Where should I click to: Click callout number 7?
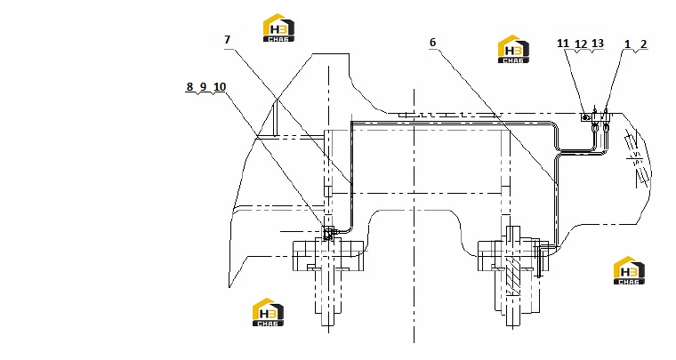[x=227, y=40]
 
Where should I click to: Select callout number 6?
[x=432, y=42]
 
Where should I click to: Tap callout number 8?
[x=189, y=86]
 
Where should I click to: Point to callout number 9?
[x=204, y=86]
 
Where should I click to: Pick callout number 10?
[x=220, y=86]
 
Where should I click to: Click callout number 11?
[x=563, y=44]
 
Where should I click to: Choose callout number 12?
[x=581, y=44]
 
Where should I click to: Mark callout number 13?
[x=598, y=44]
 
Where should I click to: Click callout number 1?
[x=627, y=44]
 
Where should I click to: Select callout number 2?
[x=644, y=44]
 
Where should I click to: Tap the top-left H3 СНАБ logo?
[x=278, y=28]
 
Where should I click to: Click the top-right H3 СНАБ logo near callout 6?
[x=513, y=49]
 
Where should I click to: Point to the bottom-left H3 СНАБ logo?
[x=268, y=312]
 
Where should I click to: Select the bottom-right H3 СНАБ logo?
[x=629, y=270]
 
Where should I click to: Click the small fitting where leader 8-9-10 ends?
[x=328, y=233]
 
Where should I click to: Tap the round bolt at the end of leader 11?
[x=585, y=116]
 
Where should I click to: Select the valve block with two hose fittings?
[x=600, y=117]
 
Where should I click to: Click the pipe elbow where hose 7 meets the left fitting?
[x=350, y=229]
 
